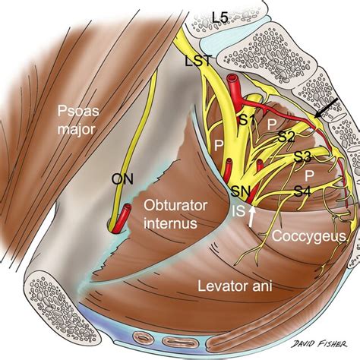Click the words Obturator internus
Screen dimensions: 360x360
tap(169, 214)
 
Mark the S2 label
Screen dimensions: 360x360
tap(285, 137)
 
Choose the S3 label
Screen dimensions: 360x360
tap(303, 157)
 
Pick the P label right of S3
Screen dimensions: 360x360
tap(330, 173)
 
